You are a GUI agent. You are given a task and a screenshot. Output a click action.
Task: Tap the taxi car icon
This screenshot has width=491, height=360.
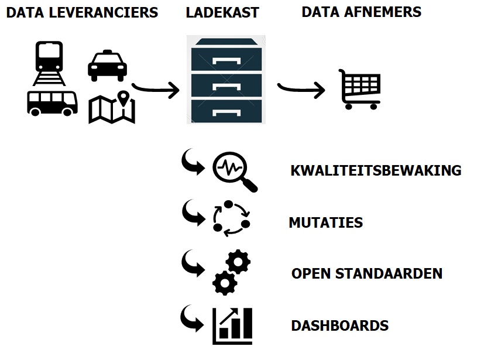[107, 66]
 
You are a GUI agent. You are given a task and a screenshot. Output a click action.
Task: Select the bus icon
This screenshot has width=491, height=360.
[52, 103]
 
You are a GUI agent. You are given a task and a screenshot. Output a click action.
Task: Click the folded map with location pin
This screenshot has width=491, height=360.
[112, 108]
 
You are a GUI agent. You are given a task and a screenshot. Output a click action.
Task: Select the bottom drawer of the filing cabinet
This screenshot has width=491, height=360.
[226, 111]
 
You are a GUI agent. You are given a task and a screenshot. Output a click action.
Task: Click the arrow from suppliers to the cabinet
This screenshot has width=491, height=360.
[156, 90]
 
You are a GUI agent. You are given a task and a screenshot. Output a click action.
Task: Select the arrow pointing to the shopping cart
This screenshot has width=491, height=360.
[301, 89]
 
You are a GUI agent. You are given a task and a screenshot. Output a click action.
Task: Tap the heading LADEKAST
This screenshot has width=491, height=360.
[222, 12]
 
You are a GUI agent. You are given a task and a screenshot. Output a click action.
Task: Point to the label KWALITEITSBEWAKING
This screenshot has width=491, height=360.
[376, 171]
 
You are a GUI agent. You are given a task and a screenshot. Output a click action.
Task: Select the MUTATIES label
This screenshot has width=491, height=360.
[325, 222]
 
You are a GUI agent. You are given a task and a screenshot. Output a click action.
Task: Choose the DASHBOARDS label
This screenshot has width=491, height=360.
[339, 325]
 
